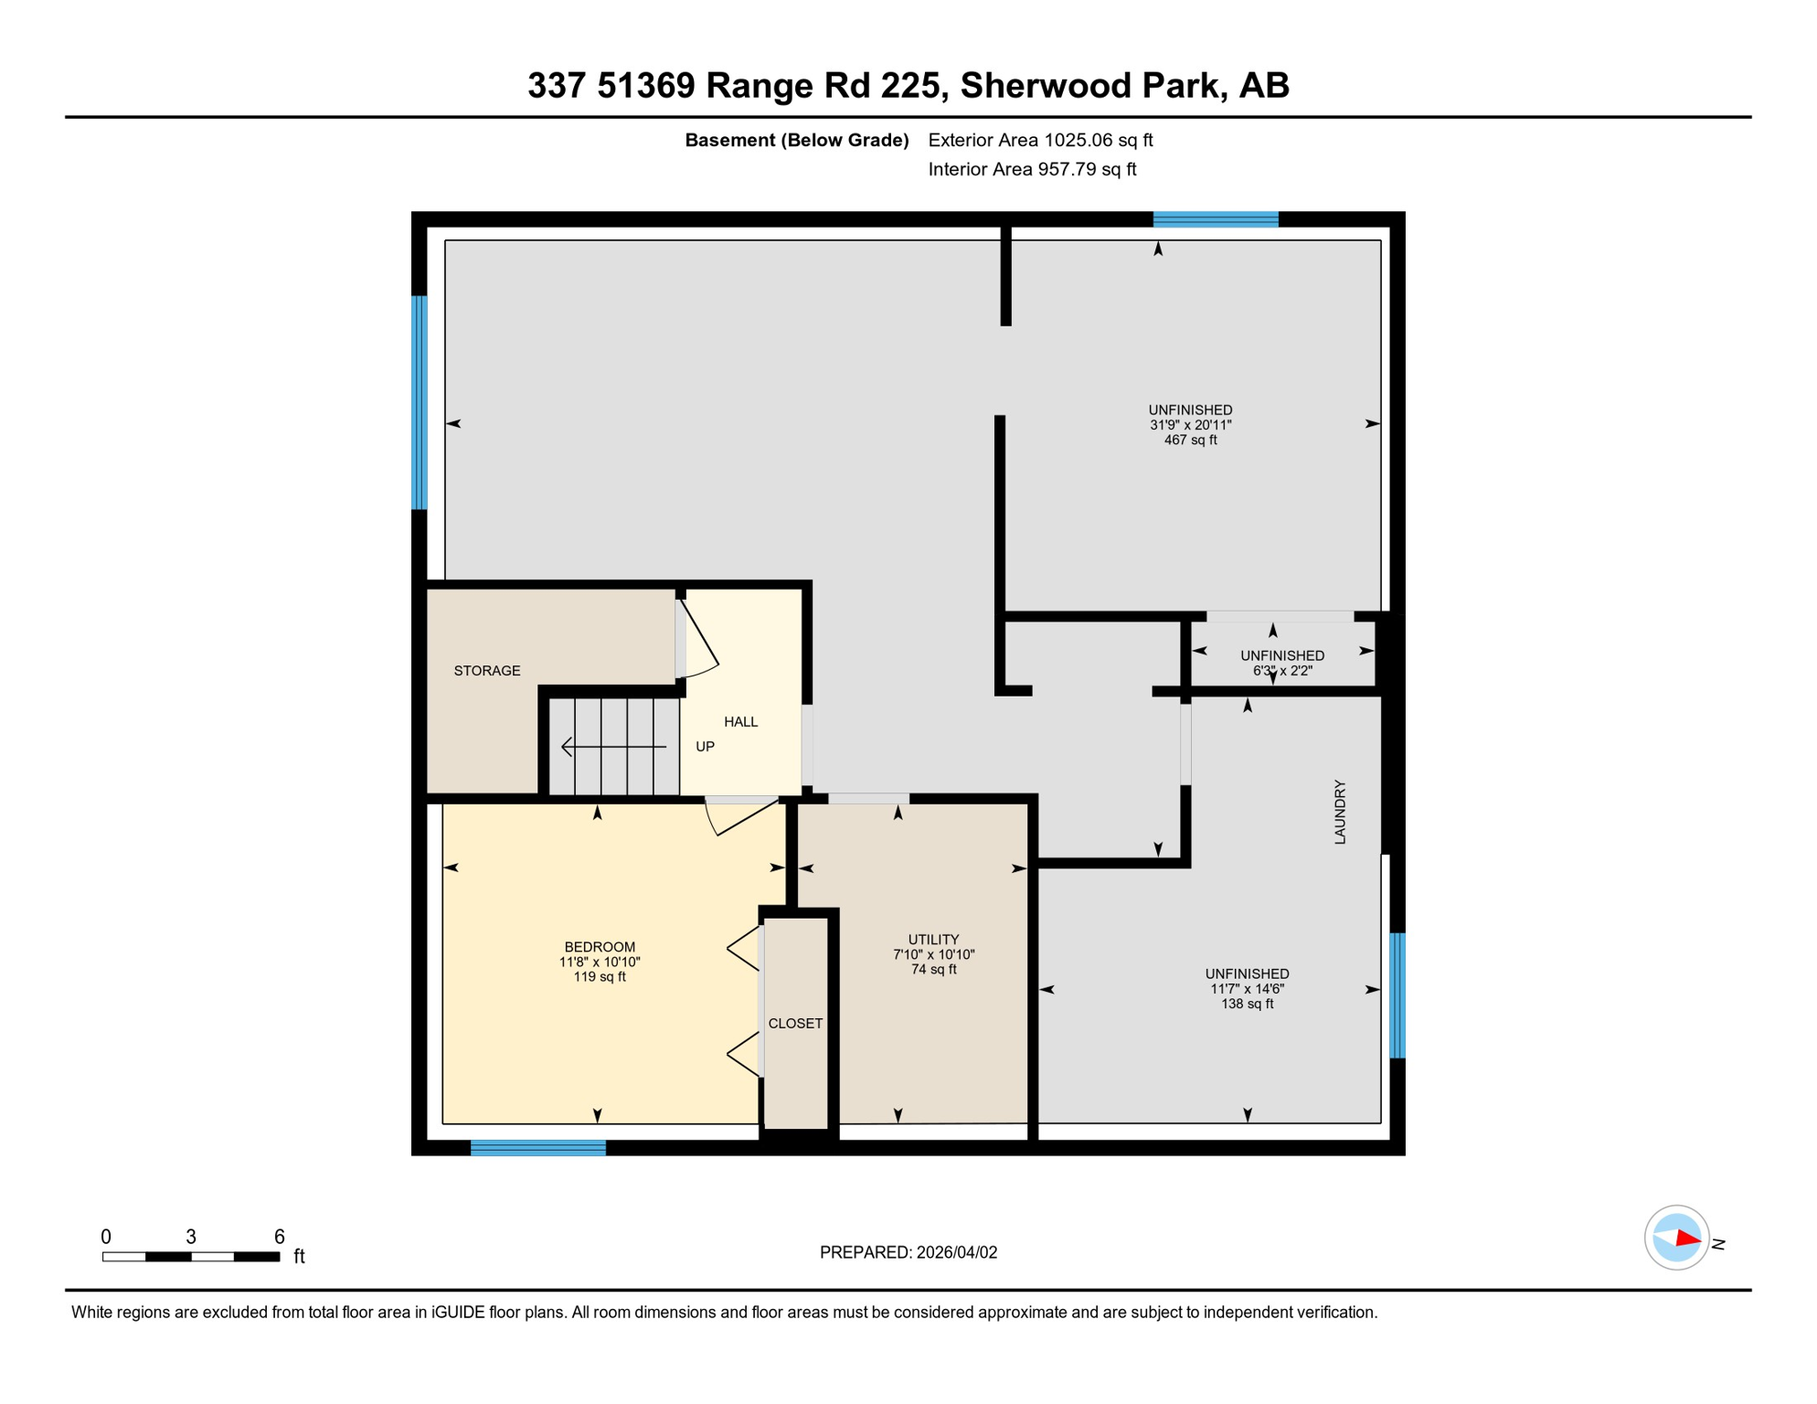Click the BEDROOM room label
(x=600, y=947)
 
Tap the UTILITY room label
(x=933, y=940)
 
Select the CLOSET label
(x=795, y=1024)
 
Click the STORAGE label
(x=487, y=671)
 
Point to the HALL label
(x=740, y=722)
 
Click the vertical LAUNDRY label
(x=1340, y=812)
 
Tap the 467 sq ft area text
(x=1190, y=441)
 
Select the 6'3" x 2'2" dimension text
(x=1281, y=671)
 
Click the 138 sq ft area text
(x=1247, y=1005)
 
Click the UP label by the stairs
(x=705, y=747)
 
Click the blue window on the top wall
(x=1215, y=219)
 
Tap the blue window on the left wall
(x=420, y=402)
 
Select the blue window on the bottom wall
(x=537, y=1148)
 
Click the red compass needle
(x=1687, y=1239)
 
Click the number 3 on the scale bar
(x=190, y=1237)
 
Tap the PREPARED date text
(x=908, y=1253)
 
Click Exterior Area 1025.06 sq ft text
(x=1040, y=140)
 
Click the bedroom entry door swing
(x=740, y=816)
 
